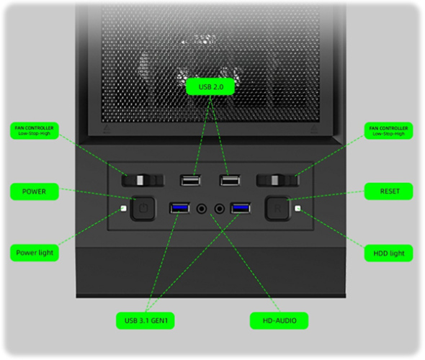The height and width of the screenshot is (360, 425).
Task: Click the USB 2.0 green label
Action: click(x=210, y=86)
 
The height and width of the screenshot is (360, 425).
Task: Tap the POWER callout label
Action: click(x=35, y=192)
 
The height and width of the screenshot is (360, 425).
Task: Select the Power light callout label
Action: click(x=35, y=253)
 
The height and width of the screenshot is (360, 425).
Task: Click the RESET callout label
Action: click(x=389, y=192)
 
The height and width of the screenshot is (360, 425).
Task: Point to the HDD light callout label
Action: click(x=389, y=253)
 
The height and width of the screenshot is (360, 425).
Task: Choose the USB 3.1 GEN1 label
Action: click(x=146, y=320)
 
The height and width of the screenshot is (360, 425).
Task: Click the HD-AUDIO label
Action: click(x=279, y=320)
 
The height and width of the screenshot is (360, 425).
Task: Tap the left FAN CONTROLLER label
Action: click(x=35, y=130)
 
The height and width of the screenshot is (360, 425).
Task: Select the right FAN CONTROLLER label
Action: click(x=389, y=131)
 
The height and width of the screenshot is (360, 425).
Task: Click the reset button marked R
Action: click(x=277, y=208)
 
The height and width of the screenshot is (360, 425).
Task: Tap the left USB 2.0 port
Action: click(x=191, y=181)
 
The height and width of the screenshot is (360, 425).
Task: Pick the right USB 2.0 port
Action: click(x=230, y=181)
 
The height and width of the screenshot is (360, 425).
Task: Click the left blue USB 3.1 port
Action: click(x=179, y=208)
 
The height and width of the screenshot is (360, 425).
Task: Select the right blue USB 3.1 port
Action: click(x=241, y=208)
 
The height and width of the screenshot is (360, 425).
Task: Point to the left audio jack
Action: click(x=202, y=209)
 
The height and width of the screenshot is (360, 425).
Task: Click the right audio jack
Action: click(x=219, y=209)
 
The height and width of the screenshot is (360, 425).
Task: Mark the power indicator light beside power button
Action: click(x=124, y=209)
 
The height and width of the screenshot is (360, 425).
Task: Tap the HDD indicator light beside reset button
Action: click(x=298, y=209)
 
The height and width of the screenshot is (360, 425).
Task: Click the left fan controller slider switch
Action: click(x=143, y=181)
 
